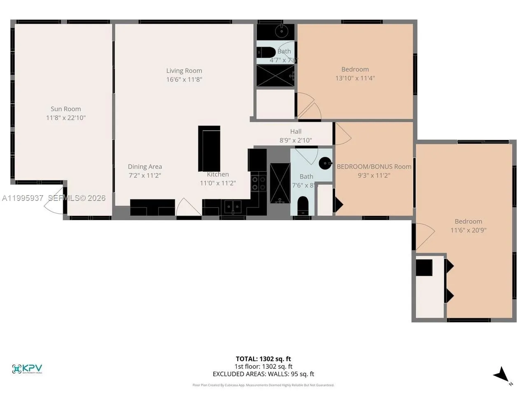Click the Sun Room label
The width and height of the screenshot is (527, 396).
66,109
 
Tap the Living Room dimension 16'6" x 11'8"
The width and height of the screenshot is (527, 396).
184,79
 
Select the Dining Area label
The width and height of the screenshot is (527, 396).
145,167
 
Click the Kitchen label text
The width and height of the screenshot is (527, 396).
218,174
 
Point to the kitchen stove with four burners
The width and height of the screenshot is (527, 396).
259,183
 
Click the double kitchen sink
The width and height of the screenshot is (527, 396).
233,206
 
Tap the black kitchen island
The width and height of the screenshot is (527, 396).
209,148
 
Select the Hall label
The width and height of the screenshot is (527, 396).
296,132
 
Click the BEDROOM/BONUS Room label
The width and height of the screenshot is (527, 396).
374,167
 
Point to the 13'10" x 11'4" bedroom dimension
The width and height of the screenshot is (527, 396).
355,78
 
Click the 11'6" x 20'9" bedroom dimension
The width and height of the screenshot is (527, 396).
469,230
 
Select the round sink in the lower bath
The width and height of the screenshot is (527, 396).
326,163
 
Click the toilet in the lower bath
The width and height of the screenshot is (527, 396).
303,204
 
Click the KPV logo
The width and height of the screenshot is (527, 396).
27,368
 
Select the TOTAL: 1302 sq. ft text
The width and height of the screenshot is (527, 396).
263,359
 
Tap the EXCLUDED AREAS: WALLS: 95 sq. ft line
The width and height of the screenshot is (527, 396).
263,374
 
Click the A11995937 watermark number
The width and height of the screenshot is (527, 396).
23,198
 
